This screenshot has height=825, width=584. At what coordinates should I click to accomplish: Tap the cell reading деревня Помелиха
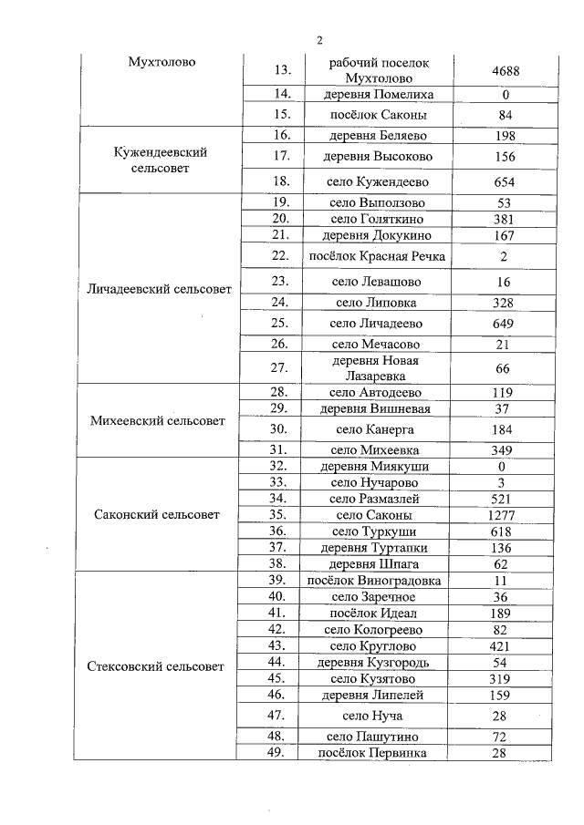[x=378, y=95]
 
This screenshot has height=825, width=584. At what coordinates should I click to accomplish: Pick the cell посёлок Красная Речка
[x=378, y=256]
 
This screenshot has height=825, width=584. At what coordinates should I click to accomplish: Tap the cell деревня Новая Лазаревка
[x=378, y=367]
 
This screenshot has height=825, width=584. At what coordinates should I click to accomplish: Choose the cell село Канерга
[x=378, y=428]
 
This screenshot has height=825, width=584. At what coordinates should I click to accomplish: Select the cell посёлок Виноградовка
[x=378, y=580]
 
